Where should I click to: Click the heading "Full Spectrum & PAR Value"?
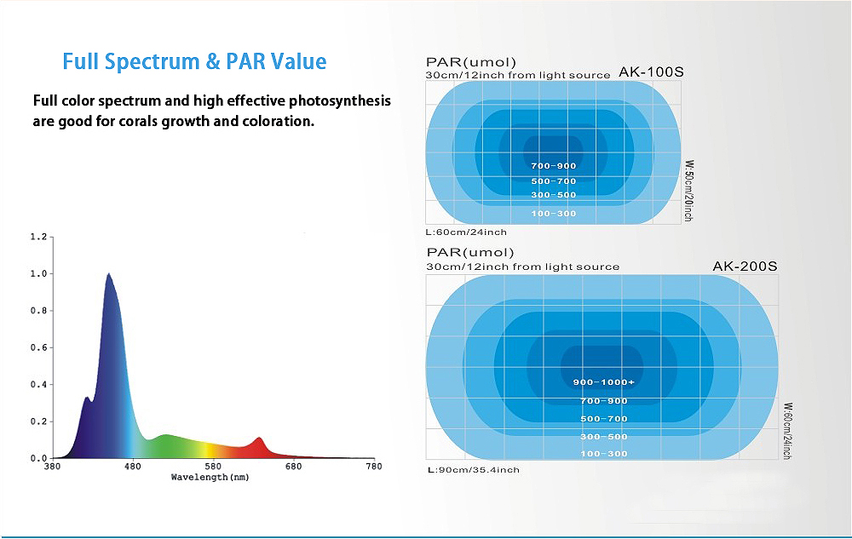click(194, 61)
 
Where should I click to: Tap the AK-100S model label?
click(651, 72)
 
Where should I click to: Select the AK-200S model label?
click(745, 266)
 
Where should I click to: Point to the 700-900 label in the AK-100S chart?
click(553, 166)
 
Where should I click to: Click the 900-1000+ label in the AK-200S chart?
click(603, 382)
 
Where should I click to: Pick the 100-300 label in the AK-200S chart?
click(603, 454)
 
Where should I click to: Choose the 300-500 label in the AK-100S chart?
click(553, 195)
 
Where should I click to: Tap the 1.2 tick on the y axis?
click(37, 237)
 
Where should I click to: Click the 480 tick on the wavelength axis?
click(132, 467)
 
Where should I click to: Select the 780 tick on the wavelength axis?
click(373, 467)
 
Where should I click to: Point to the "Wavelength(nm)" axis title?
click(210, 478)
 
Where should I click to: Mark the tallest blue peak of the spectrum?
click(108, 275)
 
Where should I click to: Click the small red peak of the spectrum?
click(260, 439)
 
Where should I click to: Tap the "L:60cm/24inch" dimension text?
click(466, 232)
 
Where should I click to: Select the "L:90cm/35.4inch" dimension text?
click(473, 469)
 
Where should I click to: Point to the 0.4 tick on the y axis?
click(37, 385)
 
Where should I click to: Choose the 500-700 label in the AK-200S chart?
click(603, 419)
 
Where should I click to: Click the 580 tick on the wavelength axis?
click(213, 467)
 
